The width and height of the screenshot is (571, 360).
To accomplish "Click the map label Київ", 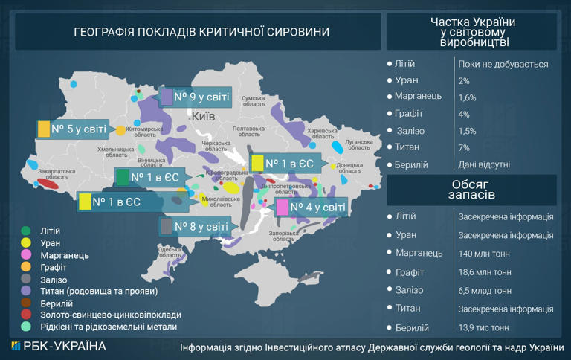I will [x=203, y=117].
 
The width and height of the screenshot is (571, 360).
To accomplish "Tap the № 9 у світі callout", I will [x=196, y=97].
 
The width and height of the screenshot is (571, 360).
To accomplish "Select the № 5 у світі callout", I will [x=72, y=129].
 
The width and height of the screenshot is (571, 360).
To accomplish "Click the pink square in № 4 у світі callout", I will [x=282, y=208].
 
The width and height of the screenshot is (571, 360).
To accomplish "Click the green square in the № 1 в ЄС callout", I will [x=122, y=177].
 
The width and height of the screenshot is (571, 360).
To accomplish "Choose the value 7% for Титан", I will [x=464, y=148].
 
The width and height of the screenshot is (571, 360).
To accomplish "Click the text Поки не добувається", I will [x=503, y=64].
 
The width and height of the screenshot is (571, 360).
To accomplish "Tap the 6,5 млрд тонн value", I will [x=485, y=291].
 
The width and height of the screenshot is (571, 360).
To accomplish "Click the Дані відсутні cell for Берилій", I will [x=484, y=164].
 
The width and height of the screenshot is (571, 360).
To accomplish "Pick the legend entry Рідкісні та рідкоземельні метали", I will [x=108, y=326].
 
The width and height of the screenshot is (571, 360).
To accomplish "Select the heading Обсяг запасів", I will [x=471, y=190].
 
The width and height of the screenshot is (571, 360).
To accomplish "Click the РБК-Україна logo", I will [x=59, y=347].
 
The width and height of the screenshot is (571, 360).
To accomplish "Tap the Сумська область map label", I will [x=254, y=101].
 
